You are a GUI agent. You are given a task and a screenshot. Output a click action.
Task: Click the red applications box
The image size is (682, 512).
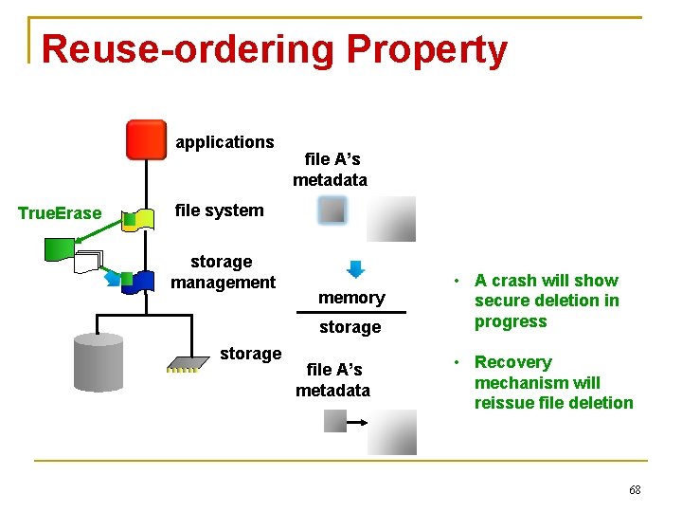(146, 139)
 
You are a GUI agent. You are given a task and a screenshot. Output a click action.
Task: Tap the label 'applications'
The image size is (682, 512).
(224, 142)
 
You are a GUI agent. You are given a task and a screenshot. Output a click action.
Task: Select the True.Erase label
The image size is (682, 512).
(60, 213)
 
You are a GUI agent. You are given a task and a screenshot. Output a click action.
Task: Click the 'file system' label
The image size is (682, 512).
(220, 210)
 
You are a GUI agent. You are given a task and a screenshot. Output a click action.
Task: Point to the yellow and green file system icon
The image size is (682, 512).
(139, 220)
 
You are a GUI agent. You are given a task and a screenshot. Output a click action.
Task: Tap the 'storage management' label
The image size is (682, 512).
(223, 272)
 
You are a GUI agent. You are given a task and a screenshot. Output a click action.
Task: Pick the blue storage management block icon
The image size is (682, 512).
(142, 281)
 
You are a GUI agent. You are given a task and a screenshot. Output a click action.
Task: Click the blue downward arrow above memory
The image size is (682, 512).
(355, 268)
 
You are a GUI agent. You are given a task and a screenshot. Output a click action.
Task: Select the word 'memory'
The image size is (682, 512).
(351, 298)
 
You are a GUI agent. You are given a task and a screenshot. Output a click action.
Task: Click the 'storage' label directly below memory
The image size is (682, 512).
(350, 327)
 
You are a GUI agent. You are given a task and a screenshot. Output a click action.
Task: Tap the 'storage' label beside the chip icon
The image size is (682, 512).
(250, 354)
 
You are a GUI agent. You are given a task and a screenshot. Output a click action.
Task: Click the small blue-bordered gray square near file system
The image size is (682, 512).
(332, 210)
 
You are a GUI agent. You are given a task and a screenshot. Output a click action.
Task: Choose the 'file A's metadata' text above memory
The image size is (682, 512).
(331, 170)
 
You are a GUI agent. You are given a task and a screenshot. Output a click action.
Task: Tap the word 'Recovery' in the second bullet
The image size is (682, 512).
(512, 362)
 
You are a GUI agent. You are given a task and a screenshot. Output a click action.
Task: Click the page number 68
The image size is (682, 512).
(635, 489)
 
